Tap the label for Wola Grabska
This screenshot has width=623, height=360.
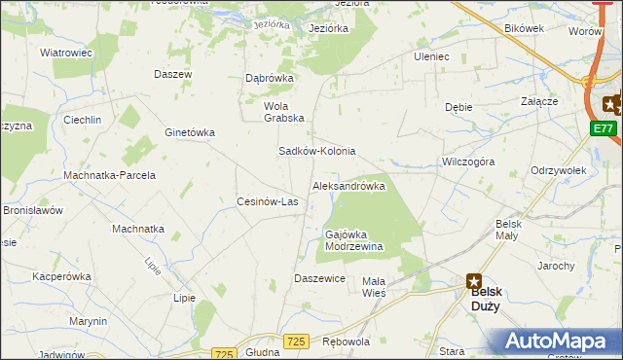point(284,112)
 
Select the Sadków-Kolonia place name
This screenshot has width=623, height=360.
point(317,152)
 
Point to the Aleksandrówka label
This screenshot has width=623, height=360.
point(348,185)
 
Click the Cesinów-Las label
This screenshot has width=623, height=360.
point(268,201)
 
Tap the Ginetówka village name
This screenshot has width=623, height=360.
point(190,132)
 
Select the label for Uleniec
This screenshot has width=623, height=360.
point(431,56)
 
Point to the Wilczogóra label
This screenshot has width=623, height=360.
point(468,162)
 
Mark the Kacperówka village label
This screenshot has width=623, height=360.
point(61,276)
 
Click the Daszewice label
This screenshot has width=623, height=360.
point(320,278)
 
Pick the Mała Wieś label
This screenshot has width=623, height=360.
point(375,286)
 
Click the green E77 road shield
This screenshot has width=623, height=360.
point(604,127)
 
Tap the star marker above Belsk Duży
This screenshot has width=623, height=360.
point(473,280)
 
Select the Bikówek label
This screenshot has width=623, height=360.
point(524,28)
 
